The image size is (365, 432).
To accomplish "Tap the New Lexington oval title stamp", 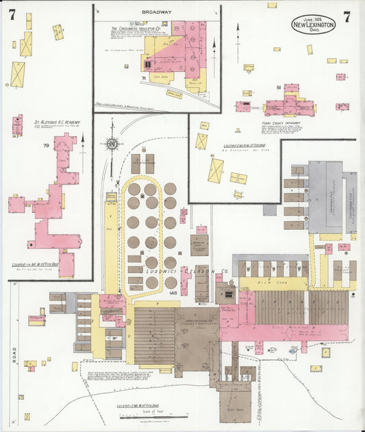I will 313,25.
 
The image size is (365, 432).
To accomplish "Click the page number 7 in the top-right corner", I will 347,17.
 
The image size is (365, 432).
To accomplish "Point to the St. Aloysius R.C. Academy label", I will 55,123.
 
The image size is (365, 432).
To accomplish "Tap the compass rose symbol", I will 111,144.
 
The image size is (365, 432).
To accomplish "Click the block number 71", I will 143,79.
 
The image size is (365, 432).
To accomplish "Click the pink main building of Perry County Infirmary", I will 288,107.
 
